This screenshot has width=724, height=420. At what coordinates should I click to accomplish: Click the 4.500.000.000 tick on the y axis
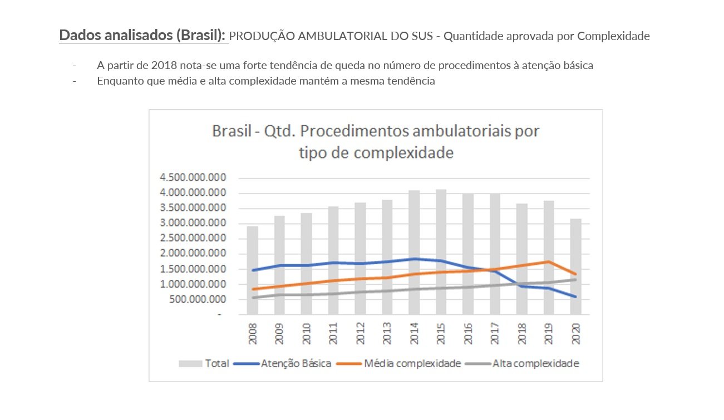[x=193, y=178]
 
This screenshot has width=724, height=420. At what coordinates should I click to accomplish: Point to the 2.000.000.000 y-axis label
[x=193, y=254]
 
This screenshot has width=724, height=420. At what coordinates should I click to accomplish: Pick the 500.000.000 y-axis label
[x=200, y=299]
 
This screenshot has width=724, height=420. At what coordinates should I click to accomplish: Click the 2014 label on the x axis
[x=414, y=332]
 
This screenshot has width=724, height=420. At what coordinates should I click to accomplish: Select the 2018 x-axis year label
[x=521, y=332]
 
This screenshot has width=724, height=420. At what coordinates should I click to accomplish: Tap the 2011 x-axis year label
[x=333, y=332]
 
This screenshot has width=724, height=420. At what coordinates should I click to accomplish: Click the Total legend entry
[x=204, y=364]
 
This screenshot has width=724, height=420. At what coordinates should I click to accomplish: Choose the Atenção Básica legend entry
[x=283, y=364]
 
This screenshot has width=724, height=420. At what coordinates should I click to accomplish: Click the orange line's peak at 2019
[x=549, y=261]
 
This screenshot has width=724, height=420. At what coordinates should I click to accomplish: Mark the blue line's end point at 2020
[x=575, y=297]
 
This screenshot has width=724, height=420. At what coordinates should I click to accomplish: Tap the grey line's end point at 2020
[x=575, y=279]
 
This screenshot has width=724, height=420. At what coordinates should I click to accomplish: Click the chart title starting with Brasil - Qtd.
[x=376, y=141]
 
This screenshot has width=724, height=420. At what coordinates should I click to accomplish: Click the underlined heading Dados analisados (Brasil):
[x=143, y=36]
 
